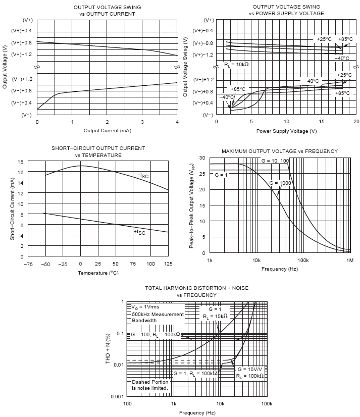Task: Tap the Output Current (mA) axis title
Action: coord(107,131)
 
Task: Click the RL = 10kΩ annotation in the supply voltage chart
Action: coord(237,65)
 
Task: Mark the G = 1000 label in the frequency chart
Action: coord(279,183)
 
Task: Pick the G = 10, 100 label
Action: coord(275,161)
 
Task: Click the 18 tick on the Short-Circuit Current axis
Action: coord(21,162)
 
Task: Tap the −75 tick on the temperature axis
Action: coord(28,264)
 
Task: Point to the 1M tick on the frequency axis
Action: coord(349,260)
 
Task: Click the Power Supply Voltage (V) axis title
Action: coord(286,131)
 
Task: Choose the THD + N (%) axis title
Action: coord(107,349)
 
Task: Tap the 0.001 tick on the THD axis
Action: coord(117,397)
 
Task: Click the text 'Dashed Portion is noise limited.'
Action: coord(150,385)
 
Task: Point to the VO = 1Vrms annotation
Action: coord(145,307)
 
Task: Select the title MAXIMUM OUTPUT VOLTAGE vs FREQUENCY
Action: coord(280,151)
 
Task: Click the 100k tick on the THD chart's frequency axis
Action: coord(267,404)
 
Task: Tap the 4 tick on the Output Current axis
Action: coord(177,122)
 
